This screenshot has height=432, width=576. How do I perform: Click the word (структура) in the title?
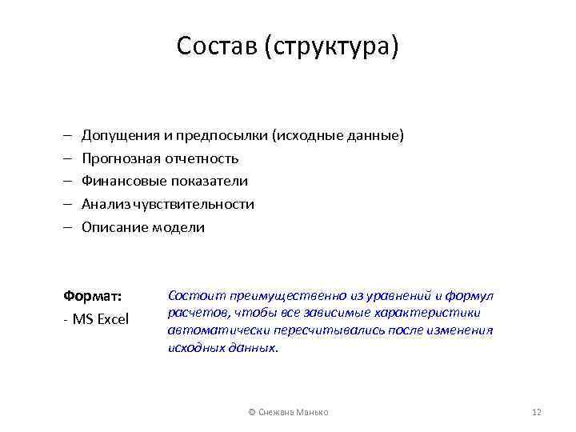(x=334, y=46)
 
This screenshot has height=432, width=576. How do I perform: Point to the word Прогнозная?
(x=119, y=158)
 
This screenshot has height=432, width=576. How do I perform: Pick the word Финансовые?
(x=120, y=181)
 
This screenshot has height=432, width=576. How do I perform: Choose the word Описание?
(x=112, y=227)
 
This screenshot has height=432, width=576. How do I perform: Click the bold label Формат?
(x=93, y=295)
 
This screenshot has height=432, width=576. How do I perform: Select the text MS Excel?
(x=101, y=320)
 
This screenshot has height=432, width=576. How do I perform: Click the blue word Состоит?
(x=192, y=296)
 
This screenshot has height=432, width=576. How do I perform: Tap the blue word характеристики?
(x=433, y=313)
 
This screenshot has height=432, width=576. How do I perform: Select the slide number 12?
(x=537, y=412)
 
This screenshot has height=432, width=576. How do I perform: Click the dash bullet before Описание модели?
(x=67, y=227)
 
